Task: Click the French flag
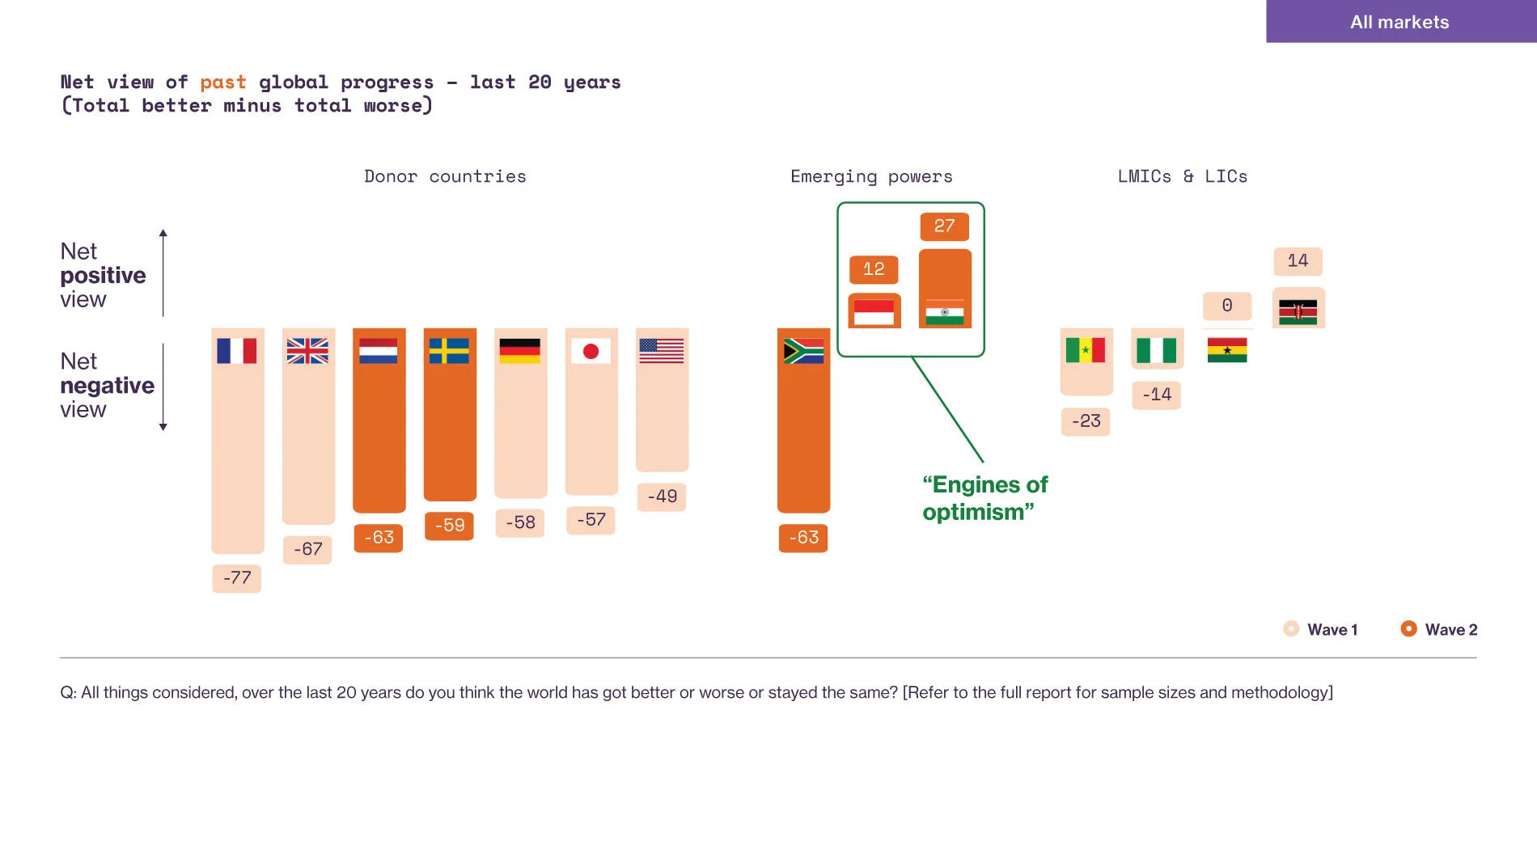[x=237, y=351]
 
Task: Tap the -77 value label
[x=237, y=578]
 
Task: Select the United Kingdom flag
[x=307, y=351]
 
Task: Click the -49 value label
[x=662, y=496]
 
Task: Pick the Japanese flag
[x=591, y=351]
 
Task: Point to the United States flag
[x=662, y=351]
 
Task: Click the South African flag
[x=803, y=351]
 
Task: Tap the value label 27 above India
[x=944, y=226]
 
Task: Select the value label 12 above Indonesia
[x=874, y=269]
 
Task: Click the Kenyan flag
[x=1298, y=311]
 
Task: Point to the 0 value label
[x=1227, y=306]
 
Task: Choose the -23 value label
[x=1086, y=421]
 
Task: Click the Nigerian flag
[x=1157, y=351]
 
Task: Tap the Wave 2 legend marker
[x=1408, y=629]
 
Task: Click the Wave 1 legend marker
[x=1291, y=629]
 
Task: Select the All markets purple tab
[x=1399, y=22]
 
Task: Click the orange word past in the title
[x=223, y=82]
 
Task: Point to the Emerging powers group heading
[x=871, y=176]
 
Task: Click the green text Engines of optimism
[x=984, y=498]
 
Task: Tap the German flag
[x=520, y=351]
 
